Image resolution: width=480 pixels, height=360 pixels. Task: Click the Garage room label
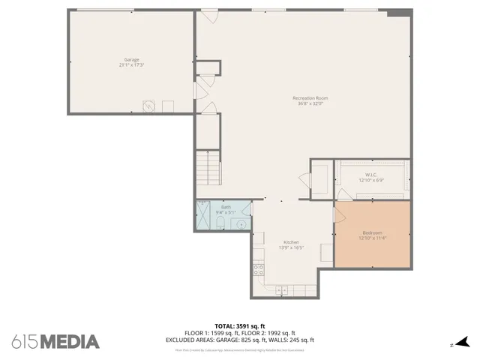[131, 60]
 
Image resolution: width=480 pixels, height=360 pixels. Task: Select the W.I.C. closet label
[370, 175]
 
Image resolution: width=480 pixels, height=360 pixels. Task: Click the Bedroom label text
[372, 233]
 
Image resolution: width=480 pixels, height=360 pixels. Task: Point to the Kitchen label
[291, 242]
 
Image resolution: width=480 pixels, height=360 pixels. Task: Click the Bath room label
[226, 207]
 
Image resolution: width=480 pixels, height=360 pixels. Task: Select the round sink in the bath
[241, 223]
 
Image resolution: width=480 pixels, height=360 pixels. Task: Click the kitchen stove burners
[258, 267]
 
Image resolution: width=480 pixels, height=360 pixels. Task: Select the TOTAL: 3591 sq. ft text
[240, 326]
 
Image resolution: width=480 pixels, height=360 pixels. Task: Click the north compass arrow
[463, 341]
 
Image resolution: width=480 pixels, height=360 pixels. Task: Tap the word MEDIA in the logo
[69, 341]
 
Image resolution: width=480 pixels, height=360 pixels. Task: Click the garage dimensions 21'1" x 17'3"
[131, 65]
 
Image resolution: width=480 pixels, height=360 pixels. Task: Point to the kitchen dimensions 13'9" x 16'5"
[291, 247]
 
